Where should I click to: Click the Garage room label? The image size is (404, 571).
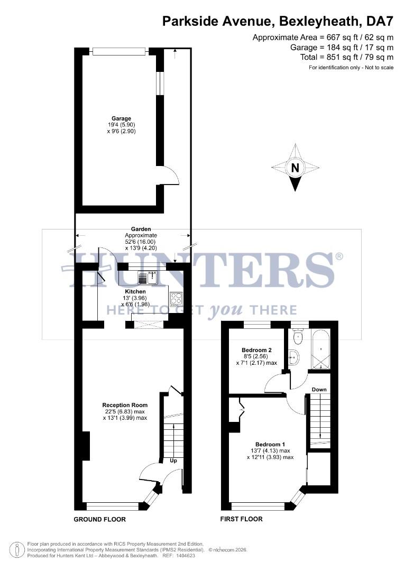[121, 118]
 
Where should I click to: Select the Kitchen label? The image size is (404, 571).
[135, 291]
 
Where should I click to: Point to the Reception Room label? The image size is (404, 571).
[125, 405]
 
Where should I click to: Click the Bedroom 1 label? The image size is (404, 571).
[270, 444]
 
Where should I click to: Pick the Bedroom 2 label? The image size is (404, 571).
[256, 350]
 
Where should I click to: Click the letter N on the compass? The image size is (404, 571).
[296, 168]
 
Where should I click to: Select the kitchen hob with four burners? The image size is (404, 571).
[176, 297]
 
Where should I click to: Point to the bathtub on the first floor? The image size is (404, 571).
[321, 349]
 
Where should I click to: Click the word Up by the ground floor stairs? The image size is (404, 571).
[173, 461]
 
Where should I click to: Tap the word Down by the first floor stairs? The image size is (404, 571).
[319, 390]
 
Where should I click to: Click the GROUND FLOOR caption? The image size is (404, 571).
[99, 519]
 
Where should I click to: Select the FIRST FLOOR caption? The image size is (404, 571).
[241, 519]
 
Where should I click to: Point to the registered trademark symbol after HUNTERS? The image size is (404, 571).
[339, 256]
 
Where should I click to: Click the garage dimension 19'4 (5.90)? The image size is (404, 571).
[121, 125]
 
